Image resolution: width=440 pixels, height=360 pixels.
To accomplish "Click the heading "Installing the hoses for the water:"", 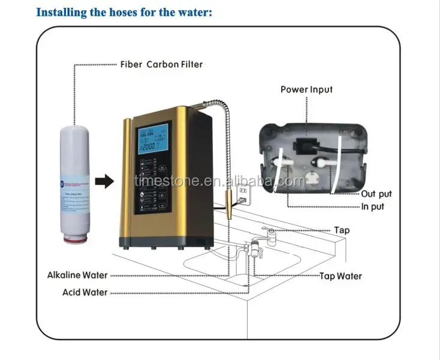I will tap(125, 12).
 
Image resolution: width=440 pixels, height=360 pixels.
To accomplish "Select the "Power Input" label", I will tap(306, 89).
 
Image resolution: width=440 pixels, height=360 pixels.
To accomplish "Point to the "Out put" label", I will tap(376, 194).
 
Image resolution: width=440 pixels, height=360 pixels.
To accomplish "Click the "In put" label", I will tap(373, 207).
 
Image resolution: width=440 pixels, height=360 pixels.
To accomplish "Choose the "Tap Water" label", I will tap(340, 276).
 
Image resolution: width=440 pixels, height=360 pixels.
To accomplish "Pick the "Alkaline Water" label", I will tap(78, 275).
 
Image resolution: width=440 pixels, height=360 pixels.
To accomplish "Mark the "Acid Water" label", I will tap(85, 292).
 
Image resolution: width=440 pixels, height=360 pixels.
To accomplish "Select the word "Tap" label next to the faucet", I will tap(342, 230).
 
